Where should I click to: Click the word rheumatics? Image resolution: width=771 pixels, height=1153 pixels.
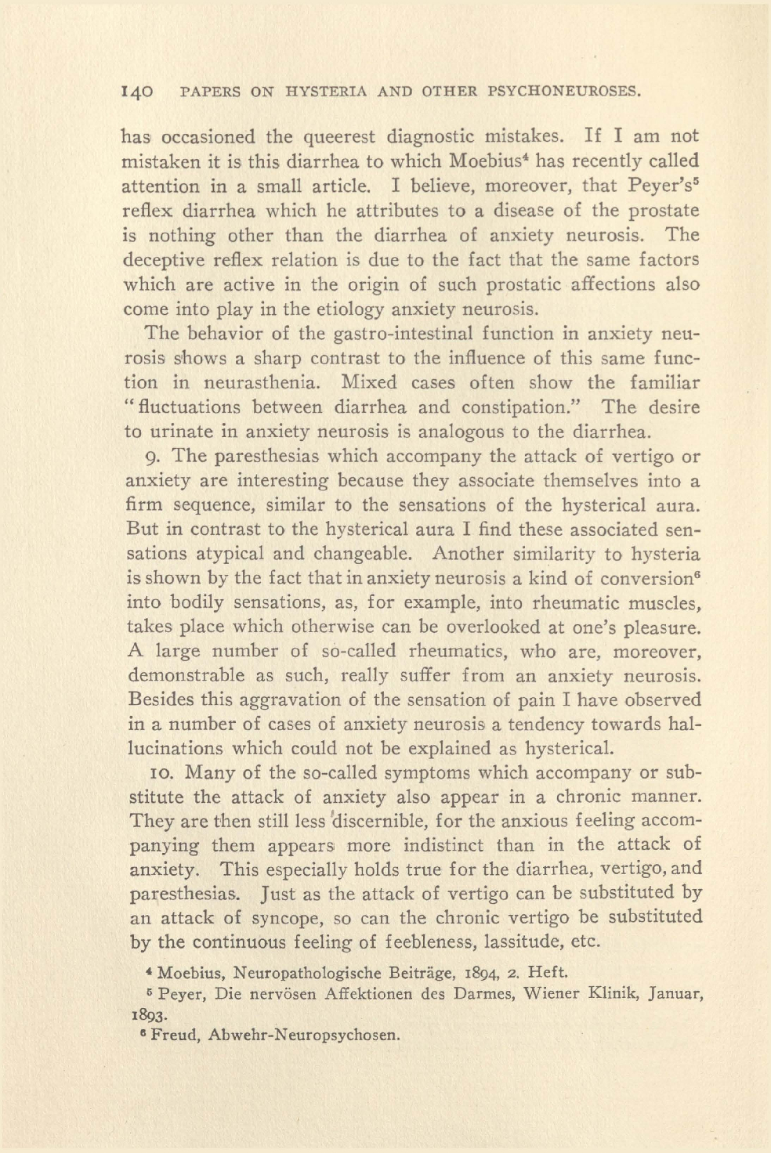454,651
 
